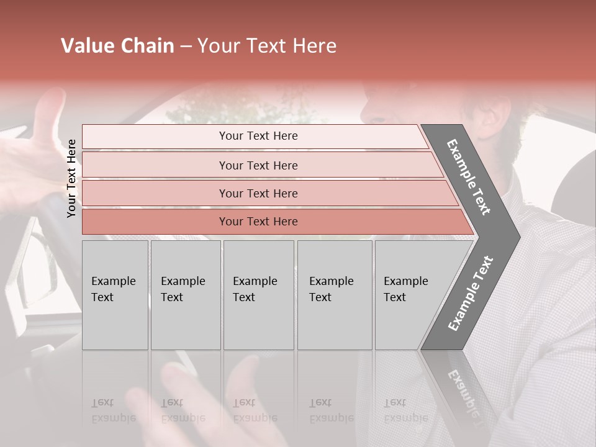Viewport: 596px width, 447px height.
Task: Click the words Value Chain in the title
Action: point(117,46)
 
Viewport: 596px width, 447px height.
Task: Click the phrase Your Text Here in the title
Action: point(267,46)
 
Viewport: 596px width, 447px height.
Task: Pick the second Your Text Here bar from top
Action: point(258,165)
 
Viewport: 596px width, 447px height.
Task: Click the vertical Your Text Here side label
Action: point(72,178)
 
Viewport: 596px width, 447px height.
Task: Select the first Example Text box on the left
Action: point(115,294)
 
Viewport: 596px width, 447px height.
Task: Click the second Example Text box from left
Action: point(185,294)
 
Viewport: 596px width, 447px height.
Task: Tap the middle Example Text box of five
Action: point(258,294)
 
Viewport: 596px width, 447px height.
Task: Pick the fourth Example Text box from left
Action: point(334,294)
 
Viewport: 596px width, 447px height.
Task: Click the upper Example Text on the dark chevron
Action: point(469,178)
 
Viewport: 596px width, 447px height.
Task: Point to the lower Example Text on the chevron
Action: point(471,293)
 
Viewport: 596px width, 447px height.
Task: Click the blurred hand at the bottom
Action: point(205,397)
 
